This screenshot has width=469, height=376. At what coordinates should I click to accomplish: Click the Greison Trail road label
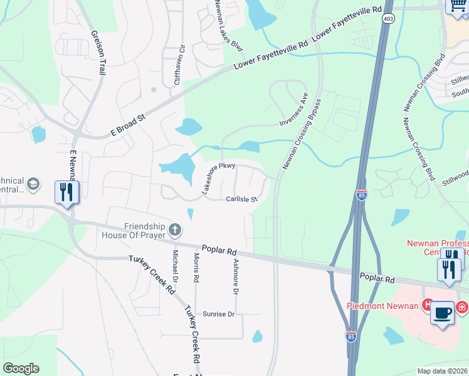[97, 53]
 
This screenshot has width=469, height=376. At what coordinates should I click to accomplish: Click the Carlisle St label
[241, 199]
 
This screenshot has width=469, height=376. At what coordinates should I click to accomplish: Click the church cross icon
[175, 231]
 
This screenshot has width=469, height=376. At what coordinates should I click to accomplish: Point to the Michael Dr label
[175, 265]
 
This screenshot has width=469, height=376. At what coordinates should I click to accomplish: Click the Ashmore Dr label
[236, 277]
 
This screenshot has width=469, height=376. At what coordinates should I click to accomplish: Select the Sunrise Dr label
[218, 314]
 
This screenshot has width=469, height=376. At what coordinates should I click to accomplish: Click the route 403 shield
[389, 19]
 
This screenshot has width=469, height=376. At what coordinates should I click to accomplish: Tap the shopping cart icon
[455, 6]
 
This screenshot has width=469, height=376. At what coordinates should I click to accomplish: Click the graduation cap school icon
[33, 184]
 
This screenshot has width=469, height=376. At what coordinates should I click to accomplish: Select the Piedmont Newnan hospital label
[384, 306]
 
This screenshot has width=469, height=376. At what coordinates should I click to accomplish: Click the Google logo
[21, 368]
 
